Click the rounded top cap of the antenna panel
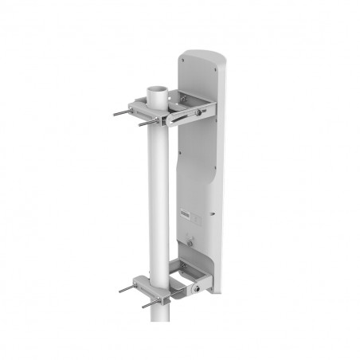199,58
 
